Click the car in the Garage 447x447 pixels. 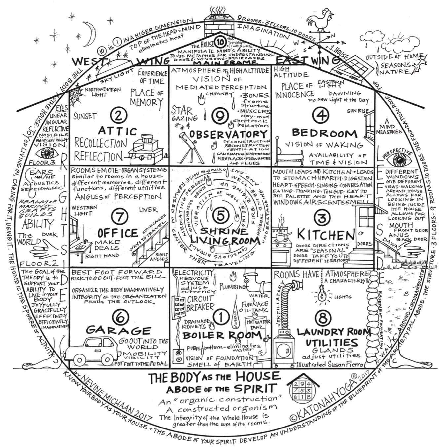coord(92,350)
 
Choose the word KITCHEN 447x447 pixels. coord(326,234)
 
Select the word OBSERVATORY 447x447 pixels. coord(228,134)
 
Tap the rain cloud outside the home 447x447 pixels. coord(374,38)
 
